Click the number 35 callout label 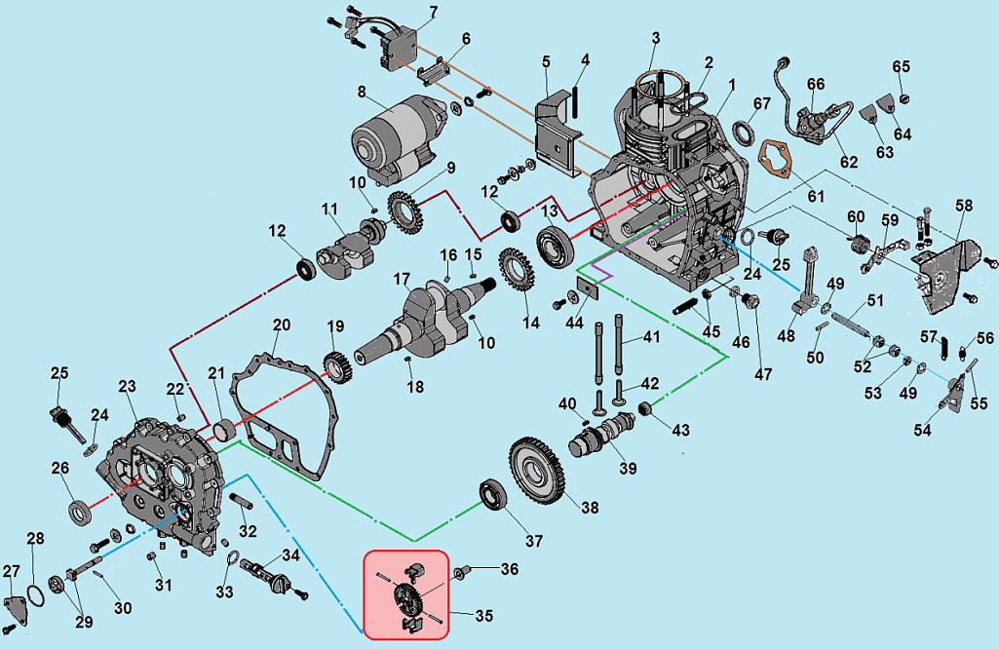(x=483, y=615)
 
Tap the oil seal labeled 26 (x=79, y=510)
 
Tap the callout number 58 (x=964, y=206)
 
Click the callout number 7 (x=433, y=12)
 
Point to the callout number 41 (x=650, y=338)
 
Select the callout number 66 (x=816, y=84)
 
